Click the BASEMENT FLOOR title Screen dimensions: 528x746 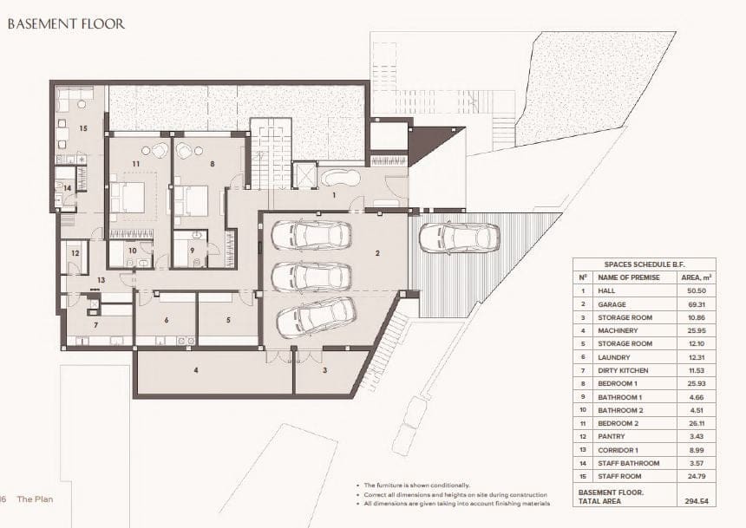pos(66,23)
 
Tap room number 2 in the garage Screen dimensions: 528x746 pos(378,254)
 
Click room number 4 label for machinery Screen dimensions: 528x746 pos(196,370)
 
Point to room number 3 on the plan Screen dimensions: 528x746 pos(324,370)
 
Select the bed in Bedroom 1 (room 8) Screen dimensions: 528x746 pos(193,201)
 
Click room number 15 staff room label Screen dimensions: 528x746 pos(83,127)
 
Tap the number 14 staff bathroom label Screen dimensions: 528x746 pos(66,187)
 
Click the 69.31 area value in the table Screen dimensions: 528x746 pos(691,304)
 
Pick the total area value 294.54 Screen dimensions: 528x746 pos(691,500)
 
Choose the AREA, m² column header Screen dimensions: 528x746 pos(691,277)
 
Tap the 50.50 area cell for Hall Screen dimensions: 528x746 pos(691,291)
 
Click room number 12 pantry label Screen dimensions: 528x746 pos(75,253)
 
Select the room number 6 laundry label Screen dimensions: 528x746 pos(165,319)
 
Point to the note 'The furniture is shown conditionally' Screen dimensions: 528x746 pos(416,486)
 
